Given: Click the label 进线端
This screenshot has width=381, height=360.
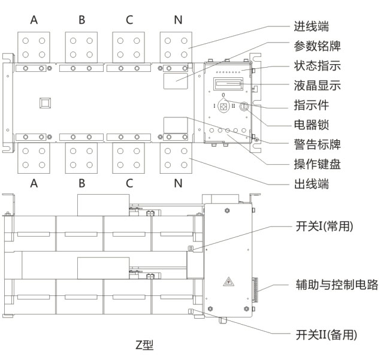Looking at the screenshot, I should [312, 27].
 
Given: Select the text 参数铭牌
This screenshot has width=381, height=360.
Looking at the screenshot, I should [317, 47].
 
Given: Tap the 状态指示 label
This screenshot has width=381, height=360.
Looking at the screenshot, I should [317, 66].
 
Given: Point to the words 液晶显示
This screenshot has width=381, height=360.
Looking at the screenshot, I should [317, 86].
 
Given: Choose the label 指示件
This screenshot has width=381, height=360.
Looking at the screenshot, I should [312, 105].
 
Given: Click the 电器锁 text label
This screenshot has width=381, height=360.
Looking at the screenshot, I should [312, 125].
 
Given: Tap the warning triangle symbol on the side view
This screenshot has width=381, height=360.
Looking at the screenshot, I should [228, 282].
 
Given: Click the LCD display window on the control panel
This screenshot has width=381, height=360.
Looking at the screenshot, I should [228, 82].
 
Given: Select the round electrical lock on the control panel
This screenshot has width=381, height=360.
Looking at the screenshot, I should [244, 107].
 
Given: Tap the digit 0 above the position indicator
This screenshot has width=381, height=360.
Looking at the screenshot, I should [223, 96].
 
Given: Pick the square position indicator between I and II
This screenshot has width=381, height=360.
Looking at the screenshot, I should [224, 107].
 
